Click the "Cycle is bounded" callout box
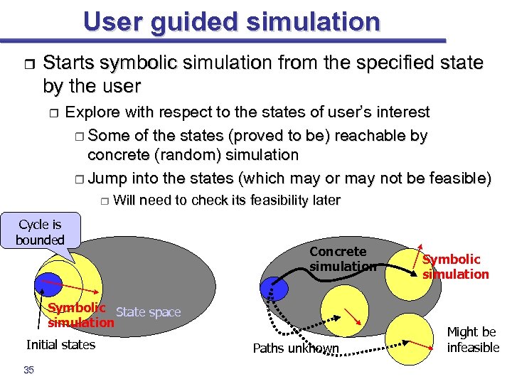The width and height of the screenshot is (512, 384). tap(41, 232)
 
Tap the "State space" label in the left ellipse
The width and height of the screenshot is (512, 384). tap(148, 312)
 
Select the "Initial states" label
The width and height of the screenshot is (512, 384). tap(60, 345)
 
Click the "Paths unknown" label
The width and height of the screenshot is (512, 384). tap(297, 348)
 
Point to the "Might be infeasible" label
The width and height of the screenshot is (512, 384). tap(472, 340)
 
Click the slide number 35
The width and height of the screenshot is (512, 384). tap(28, 369)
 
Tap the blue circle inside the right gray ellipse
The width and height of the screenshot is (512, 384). tap(274, 288)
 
